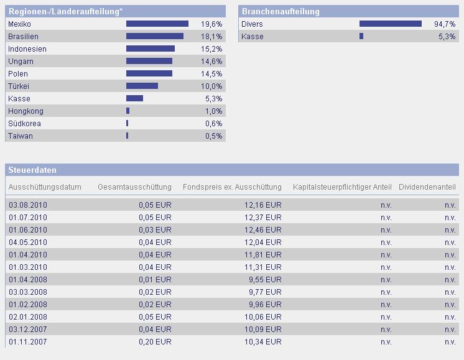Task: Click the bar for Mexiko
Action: pyautogui.click(x=157, y=24)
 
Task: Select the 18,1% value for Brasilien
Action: pyautogui.click(x=211, y=37)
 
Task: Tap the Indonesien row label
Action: pyautogui.click(x=27, y=49)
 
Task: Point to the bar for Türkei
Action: pyautogui.click(x=142, y=86)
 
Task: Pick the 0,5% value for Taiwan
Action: pyautogui.click(x=213, y=136)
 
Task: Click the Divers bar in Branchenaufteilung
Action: pyautogui.click(x=390, y=24)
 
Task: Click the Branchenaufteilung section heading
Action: pyautogui.click(x=281, y=11)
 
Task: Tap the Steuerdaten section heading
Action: pyautogui.click(x=32, y=170)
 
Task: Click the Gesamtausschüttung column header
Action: pyautogui.click(x=134, y=187)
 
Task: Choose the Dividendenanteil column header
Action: pyautogui.click(x=427, y=187)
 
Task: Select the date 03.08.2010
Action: pyautogui.click(x=28, y=205)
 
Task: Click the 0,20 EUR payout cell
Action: pyautogui.click(x=155, y=342)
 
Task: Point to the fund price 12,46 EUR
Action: pyautogui.click(x=263, y=230)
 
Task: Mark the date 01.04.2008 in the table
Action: pyautogui.click(x=28, y=280)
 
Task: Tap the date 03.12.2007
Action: pyautogui.click(x=28, y=330)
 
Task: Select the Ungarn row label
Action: pyautogui.click(x=21, y=62)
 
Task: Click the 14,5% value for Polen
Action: pyautogui.click(x=211, y=74)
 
